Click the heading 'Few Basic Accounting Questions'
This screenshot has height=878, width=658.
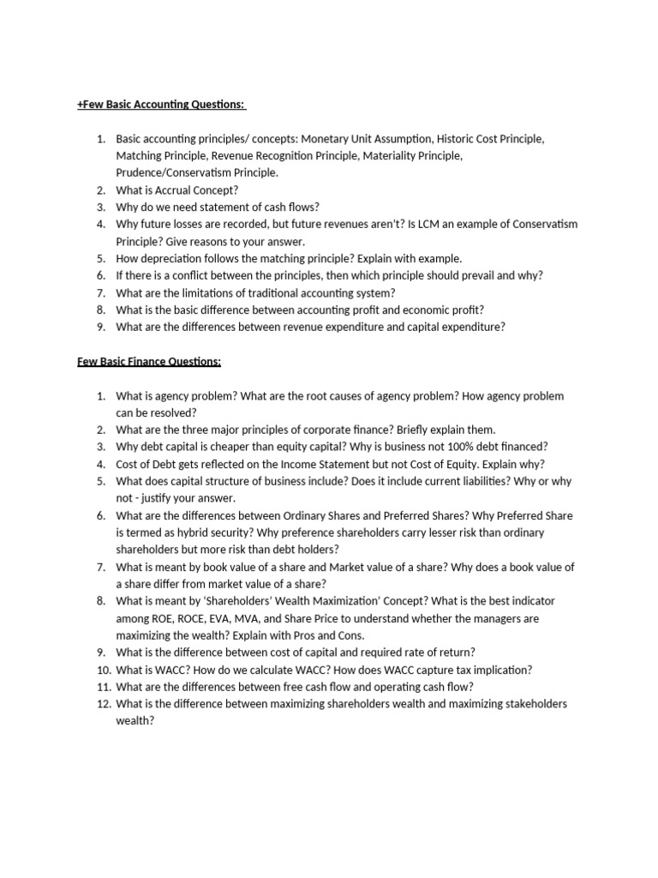point(161,104)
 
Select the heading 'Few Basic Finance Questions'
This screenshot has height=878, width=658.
point(149,362)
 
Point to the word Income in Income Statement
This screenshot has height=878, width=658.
point(291,464)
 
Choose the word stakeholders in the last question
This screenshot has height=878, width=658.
point(527,704)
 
